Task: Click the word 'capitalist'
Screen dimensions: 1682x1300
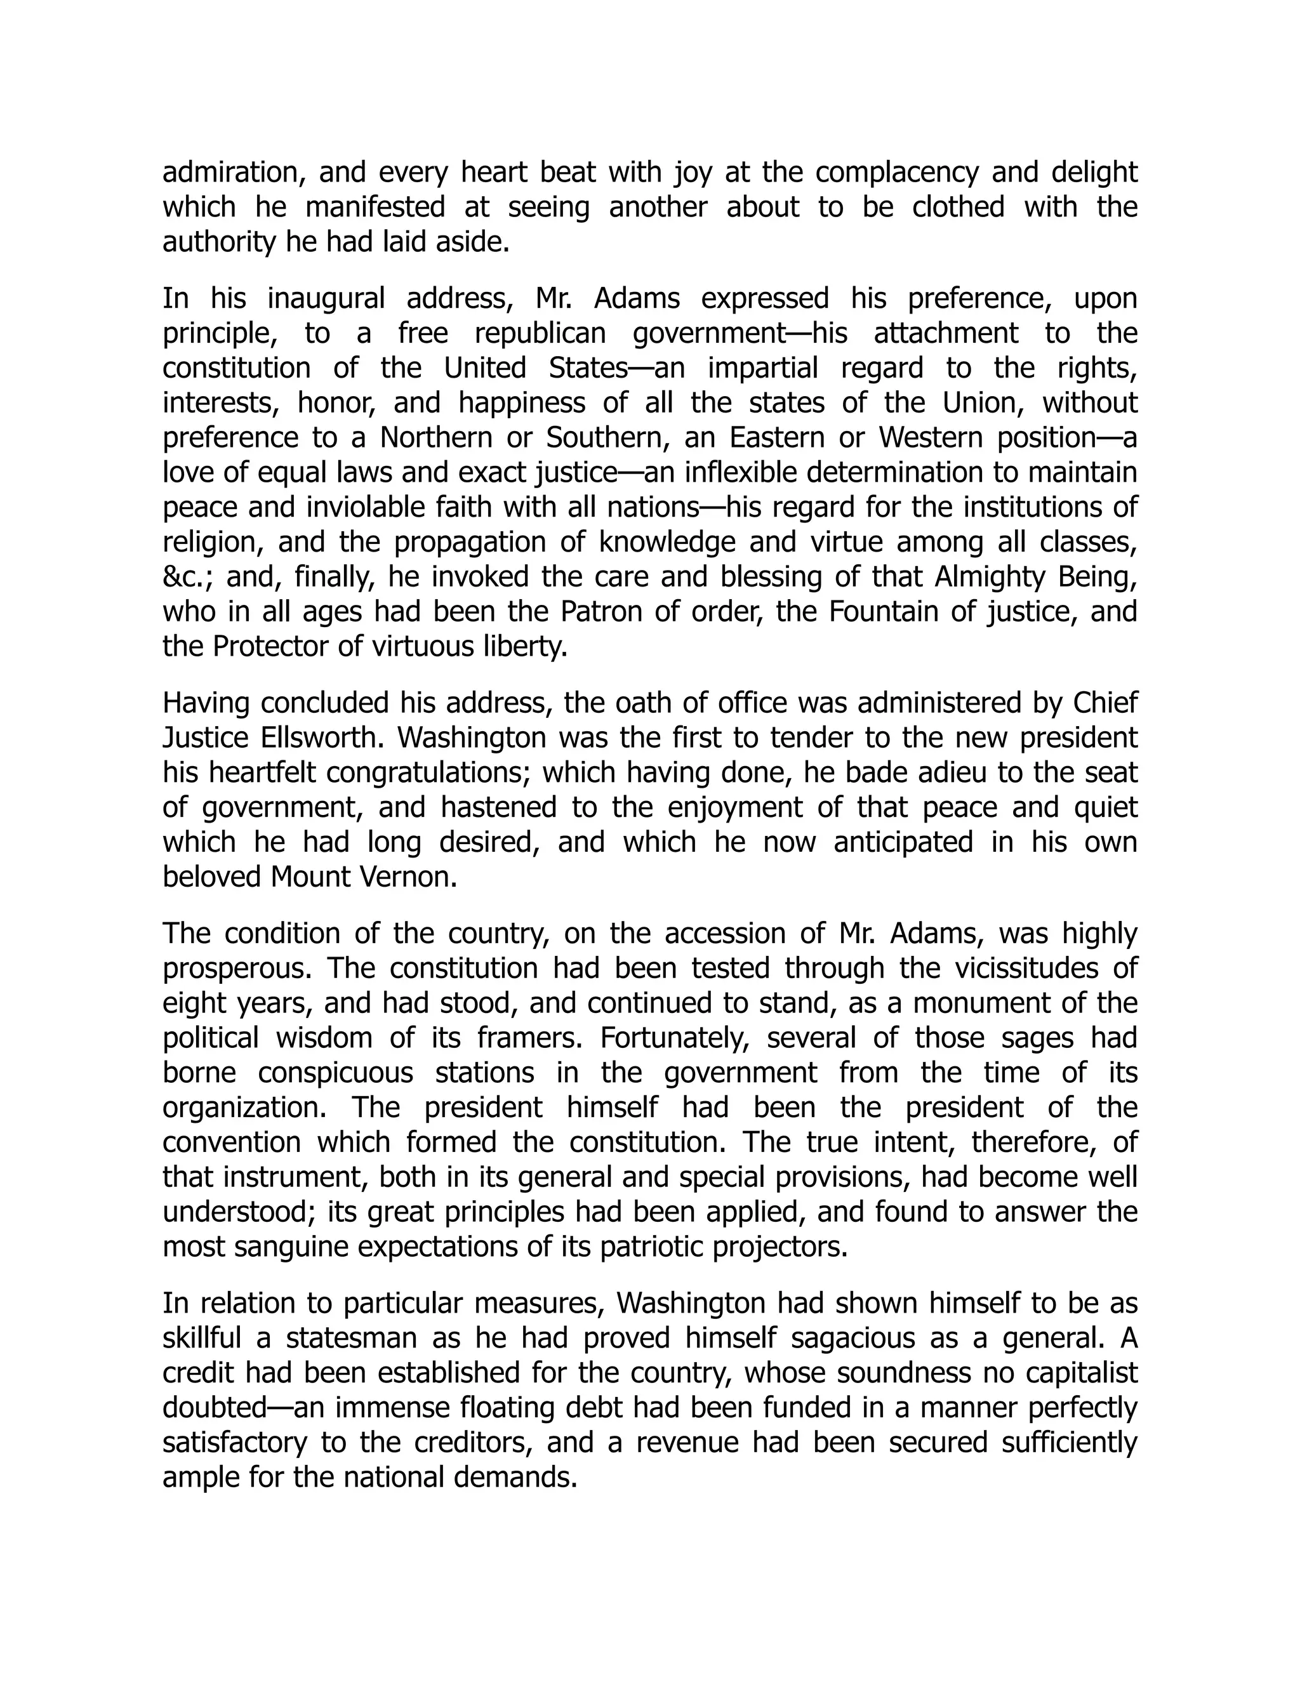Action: (1073, 1373)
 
